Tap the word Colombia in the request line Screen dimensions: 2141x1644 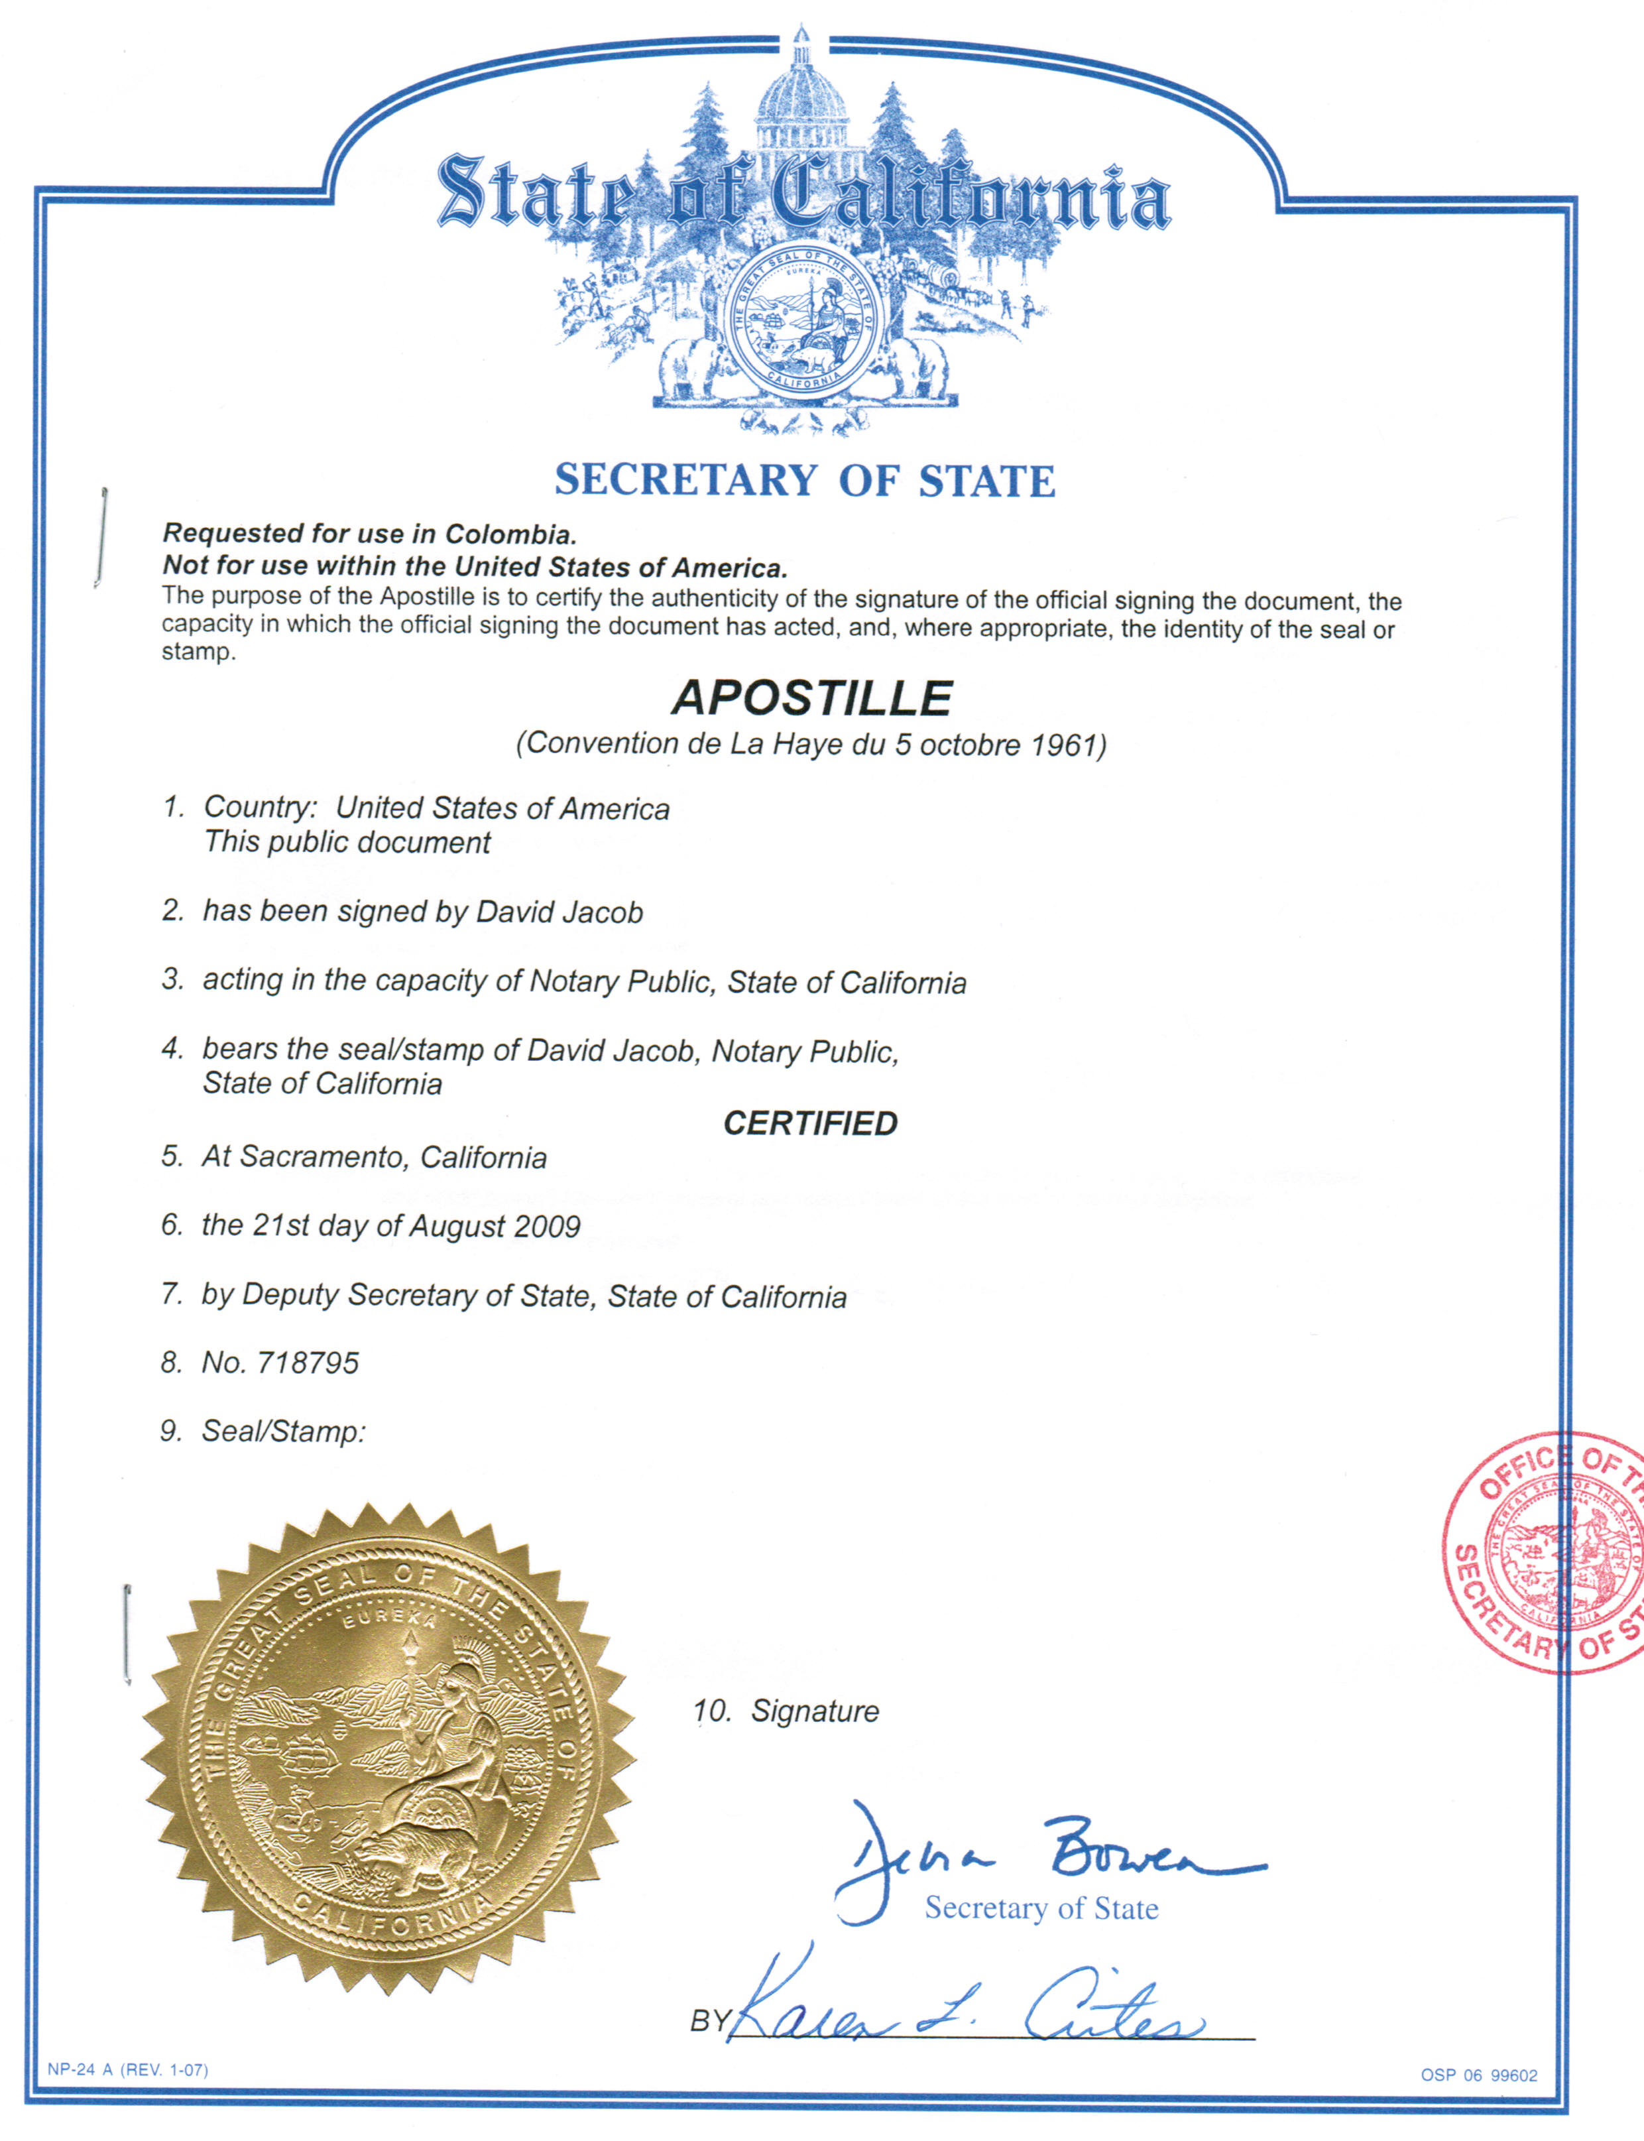pos(510,534)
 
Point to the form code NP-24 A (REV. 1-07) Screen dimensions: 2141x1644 pos(127,2069)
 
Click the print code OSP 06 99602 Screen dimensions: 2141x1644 pos(1479,2075)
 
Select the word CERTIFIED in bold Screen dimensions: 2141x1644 pos(810,1123)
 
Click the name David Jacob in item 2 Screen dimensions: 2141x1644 pos(559,912)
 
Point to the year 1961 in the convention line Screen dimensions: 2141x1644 pos(1065,746)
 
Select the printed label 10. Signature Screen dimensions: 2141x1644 pos(786,1711)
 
